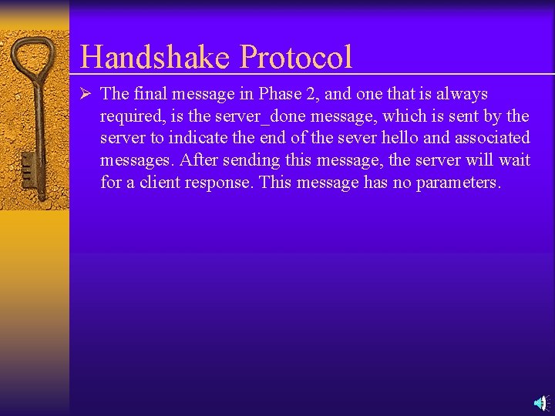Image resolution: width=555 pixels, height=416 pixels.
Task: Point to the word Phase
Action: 281,94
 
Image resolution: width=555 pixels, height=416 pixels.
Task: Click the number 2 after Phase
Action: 314,94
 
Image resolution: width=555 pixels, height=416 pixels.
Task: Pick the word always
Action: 462,94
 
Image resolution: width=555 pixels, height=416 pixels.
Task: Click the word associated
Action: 492,138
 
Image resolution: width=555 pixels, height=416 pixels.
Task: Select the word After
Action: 198,160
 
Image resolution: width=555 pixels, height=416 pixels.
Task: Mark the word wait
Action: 513,160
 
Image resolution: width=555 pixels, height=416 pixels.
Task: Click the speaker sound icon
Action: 541,402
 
